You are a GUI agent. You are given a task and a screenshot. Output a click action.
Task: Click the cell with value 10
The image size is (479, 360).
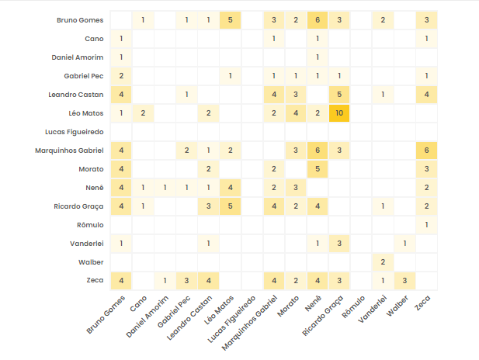[339, 113]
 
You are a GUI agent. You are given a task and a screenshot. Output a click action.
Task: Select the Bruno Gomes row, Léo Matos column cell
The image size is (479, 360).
[231, 20]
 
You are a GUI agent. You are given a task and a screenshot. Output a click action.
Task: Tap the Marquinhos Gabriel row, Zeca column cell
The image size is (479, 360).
[427, 151]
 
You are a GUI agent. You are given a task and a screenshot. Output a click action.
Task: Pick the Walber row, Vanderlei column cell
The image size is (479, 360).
[383, 262]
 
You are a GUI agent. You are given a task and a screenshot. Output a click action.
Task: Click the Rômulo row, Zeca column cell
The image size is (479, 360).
[427, 225]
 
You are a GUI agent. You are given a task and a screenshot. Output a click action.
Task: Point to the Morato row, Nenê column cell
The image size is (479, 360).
[318, 169]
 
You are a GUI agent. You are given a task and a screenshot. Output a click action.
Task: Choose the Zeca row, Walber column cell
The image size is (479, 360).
[404, 281]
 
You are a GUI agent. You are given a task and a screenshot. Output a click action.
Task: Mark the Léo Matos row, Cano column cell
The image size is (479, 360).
[143, 113]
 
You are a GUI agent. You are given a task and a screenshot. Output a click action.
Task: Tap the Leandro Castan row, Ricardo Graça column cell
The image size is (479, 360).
[339, 95]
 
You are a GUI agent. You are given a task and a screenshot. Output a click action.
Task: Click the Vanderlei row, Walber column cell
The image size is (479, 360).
[404, 244]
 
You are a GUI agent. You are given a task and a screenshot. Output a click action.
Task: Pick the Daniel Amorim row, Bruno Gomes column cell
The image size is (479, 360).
[121, 57]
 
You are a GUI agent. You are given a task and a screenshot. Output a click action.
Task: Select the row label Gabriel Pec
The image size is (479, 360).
[84, 76]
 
